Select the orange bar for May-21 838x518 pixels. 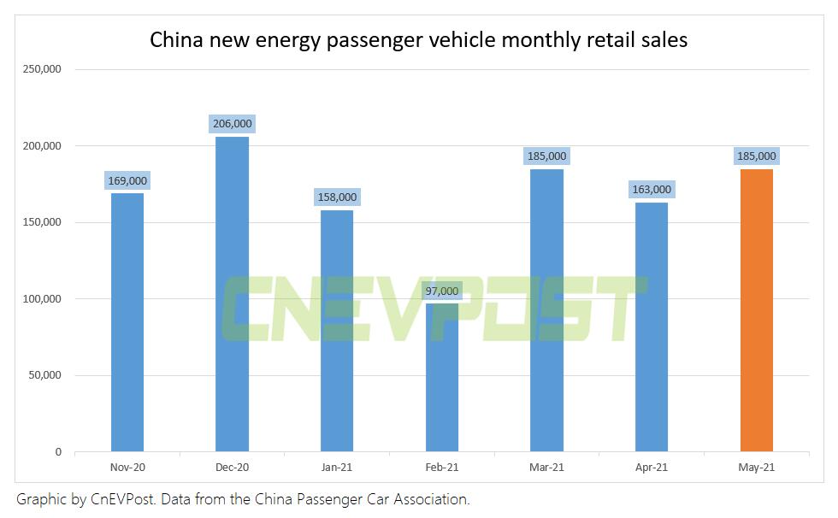click(x=756, y=310)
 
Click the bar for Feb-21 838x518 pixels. click(x=441, y=378)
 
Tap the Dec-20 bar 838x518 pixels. click(x=232, y=294)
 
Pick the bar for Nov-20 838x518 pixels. click(x=127, y=322)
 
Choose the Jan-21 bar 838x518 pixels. click(x=337, y=331)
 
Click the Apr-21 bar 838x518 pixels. click(x=651, y=327)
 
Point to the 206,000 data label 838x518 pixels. click(x=232, y=124)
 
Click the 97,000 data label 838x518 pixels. click(x=441, y=291)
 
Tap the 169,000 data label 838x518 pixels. click(x=127, y=180)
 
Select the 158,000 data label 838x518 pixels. click(x=337, y=197)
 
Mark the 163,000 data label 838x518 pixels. click(x=651, y=189)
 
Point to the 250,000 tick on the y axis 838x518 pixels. click(x=41, y=69)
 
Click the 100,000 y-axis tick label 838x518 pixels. click(x=41, y=299)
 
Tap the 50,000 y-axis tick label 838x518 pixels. click(x=44, y=375)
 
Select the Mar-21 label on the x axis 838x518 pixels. click(x=546, y=468)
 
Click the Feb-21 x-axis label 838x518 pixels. click(x=441, y=468)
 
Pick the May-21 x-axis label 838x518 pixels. click(x=756, y=468)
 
